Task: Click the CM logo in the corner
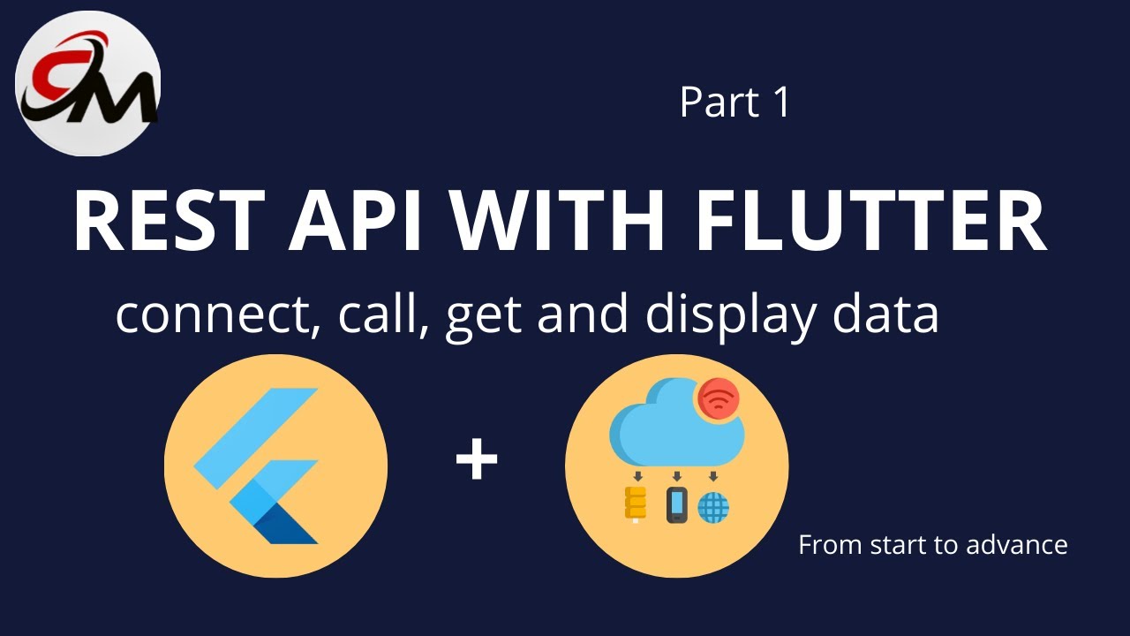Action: [88, 83]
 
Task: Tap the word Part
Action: [719, 102]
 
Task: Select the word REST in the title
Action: [169, 220]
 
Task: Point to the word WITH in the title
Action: [556, 220]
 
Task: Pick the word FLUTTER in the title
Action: [870, 220]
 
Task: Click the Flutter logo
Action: [256, 466]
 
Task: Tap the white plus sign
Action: [477, 458]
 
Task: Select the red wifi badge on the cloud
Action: [719, 398]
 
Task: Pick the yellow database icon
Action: [635, 503]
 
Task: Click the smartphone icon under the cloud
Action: [676, 504]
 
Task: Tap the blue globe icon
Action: [713, 507]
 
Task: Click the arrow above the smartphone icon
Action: [677, 476]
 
